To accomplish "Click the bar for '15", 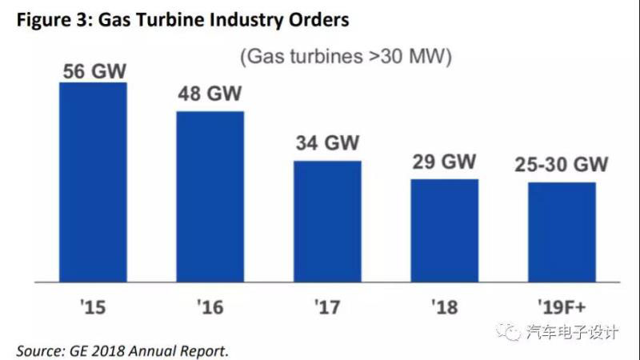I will [x=93, y=182].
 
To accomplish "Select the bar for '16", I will [x=210, y=196].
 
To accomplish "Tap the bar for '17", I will [x=327, y=221].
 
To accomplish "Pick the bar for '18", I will [x=444, y=230].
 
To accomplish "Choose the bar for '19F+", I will [x=562, y=232].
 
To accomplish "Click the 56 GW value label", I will [x=93, y=71].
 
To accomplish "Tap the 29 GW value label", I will [x=444, y=162].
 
